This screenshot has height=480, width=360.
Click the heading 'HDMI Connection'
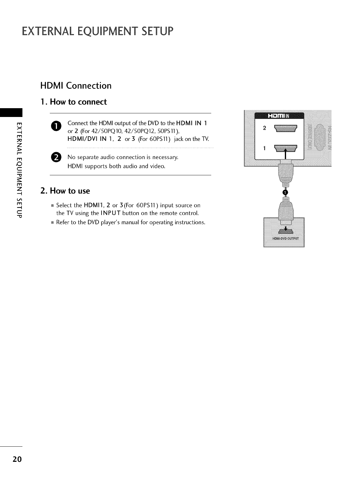pyautogui.click(x=76, y=86)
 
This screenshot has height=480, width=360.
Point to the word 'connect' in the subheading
pyautogui.click(x=92, y=102)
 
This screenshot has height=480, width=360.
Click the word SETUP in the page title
pyautogui.click(x=150, y=31)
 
